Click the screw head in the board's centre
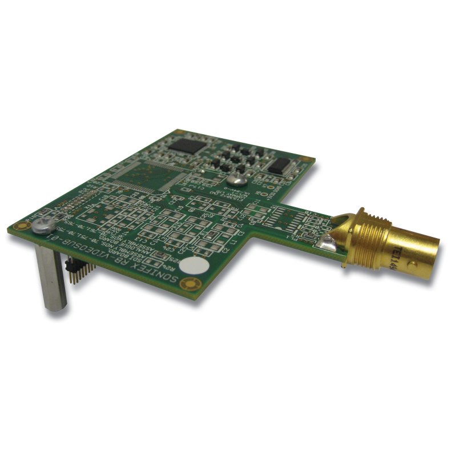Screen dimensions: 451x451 pyautogui.click(x=240, y=180)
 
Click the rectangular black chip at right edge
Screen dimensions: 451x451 pyautogui.click(x=280, y=166)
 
